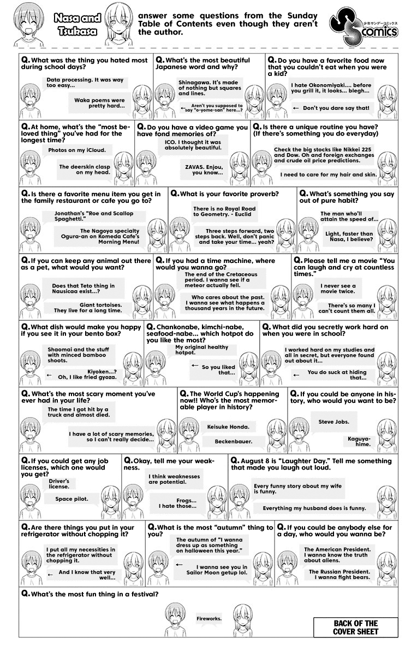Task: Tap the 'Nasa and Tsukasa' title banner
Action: coord(77,25)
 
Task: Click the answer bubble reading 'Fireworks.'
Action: coord(210,618)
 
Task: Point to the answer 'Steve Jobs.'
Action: coord(334,422)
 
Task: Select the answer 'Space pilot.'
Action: coord(72,499)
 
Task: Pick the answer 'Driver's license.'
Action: coord(58,483)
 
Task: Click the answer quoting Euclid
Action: coord(224,212)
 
